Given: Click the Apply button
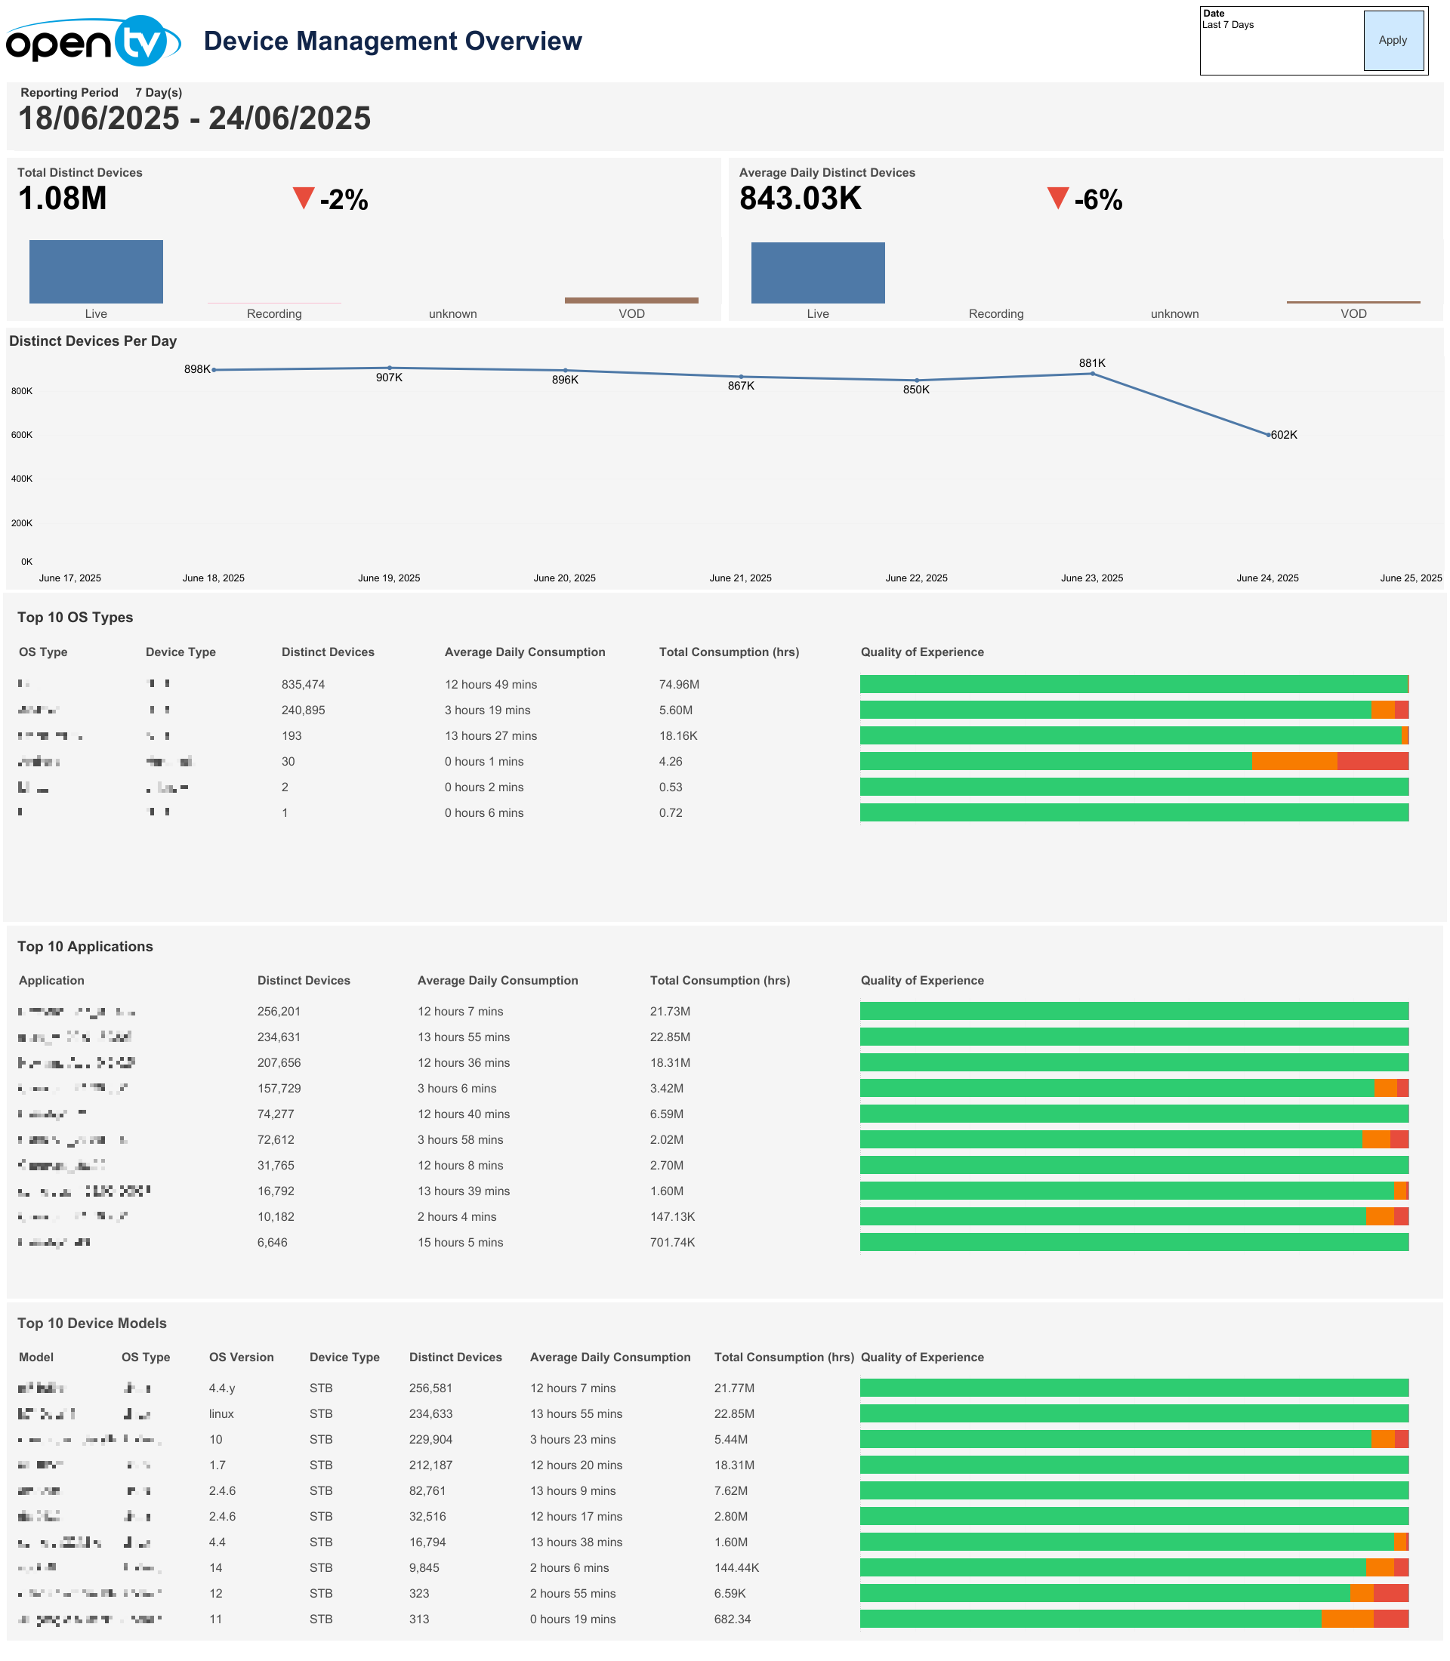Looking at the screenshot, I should click(x=1393, y=41).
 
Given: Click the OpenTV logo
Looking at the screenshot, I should click(x=92, y=42).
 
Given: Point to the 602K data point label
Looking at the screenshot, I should click(x=1284, y=436).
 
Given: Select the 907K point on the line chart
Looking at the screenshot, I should click(x=389, y=368).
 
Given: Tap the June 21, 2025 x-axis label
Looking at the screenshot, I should click(x=740, y=578).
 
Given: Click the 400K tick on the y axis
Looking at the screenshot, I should click(x=22, y=479).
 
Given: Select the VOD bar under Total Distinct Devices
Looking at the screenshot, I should click(x=631, y=300).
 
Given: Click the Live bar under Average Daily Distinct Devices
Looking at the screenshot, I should click(x=817, y=273).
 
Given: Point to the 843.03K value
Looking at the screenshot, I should click(x=801, y=199).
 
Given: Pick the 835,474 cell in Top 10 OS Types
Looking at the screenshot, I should click(x=304, y=685).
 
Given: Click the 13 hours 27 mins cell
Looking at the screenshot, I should click(x=490, y=736).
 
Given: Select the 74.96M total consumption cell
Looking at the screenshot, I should click(x=679, y=685).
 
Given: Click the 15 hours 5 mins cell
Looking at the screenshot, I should click(x=461, y=1243).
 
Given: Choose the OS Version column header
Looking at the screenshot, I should click(x=241, y=1357).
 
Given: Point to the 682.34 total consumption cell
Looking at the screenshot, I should click(x=733, y=1619).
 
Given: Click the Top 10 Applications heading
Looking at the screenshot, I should click(x=85, y=947).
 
